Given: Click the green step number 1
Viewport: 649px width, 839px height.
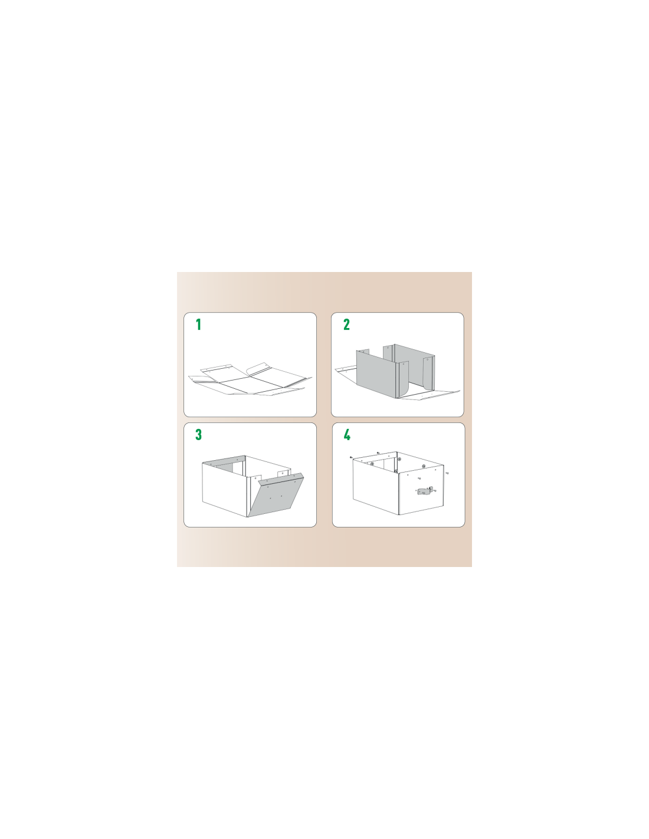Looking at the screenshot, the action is pyautogui.click(x=198, y=325).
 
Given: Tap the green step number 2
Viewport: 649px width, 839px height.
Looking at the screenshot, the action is pyautogui.click(x=346, y=325).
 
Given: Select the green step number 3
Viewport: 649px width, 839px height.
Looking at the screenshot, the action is pyautogui.click(x=198, y=434).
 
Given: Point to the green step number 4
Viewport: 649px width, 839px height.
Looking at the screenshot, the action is pyautogui.click(x=347, y=435).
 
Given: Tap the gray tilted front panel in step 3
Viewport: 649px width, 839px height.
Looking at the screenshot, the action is pyautogui.click(x=276, y=496).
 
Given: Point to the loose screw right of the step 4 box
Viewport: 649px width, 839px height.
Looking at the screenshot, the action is pyautogui.click(x=447, y=473).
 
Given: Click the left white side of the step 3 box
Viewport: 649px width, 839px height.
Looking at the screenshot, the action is pyautogui.click(x=224, y=489).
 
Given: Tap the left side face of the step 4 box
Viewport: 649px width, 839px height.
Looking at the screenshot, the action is pyautogui.click(x=375, y=487).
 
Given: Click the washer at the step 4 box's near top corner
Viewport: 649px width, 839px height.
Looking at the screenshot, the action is pyautogui.click(x=396, y=471).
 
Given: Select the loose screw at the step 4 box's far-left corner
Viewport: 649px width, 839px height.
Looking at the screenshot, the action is pyautogui.click(x=350, y=457).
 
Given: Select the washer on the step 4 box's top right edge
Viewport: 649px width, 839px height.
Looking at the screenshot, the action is pyautogui.click(x=424, y=467).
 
